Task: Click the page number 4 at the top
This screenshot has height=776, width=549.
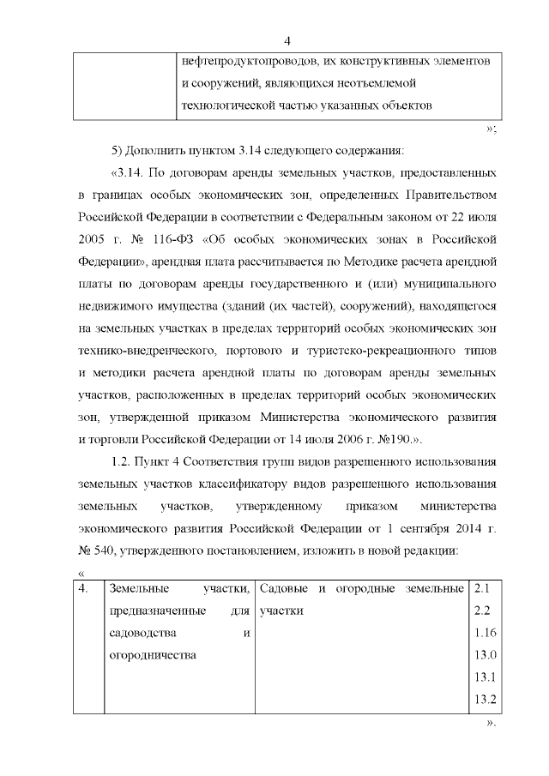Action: tap(288, 41)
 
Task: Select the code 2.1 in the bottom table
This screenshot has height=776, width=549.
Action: tap(480, 590)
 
